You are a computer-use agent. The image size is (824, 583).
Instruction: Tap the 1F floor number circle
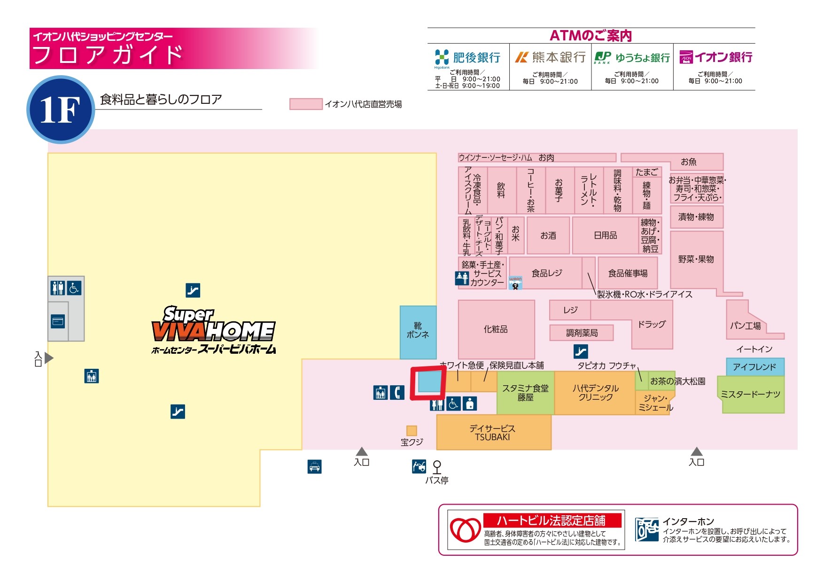[x=61, y=110]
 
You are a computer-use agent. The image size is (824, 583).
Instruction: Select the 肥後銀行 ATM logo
[x=442, y=57]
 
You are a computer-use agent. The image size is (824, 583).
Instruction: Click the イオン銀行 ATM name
[x=723, y=57]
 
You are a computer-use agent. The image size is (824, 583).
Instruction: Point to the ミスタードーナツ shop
[x=750, y=395]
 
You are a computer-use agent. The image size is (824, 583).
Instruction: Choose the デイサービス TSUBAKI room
[x=493, y=433]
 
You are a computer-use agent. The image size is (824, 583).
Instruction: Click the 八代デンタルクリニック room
[x=595, y=393]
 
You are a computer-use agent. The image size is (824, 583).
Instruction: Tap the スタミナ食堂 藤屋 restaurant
[x=525, y=393]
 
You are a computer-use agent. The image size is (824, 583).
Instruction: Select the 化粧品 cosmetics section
[x=496, y=329]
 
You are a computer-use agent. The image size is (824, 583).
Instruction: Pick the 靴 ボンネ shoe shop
[x=418, y=331]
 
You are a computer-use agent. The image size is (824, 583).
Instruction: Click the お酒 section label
[x=548, y=235]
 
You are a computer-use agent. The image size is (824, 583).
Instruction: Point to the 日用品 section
[x=605, y=235]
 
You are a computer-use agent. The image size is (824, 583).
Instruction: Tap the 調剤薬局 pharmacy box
[x=582, y=333]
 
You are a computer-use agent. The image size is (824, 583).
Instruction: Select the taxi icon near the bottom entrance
[x=314, y=466]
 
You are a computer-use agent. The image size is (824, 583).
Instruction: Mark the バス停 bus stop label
[x=437, y=480]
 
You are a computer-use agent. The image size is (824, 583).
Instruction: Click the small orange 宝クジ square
[x=412, y=431]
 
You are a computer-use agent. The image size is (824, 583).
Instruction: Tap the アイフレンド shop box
[x=754, y=367]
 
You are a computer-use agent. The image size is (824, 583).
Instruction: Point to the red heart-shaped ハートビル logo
[x=465, y=530]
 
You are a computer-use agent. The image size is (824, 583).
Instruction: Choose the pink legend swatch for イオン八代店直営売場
[x=306, y=104]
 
